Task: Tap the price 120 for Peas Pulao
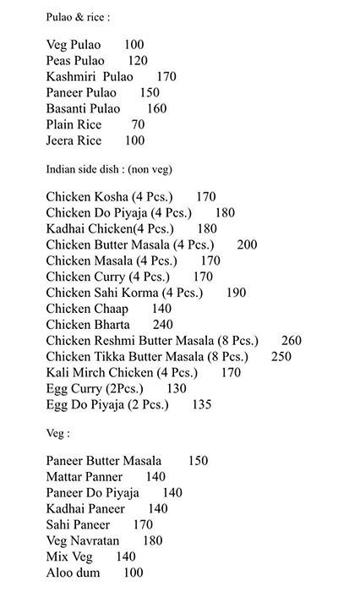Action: (x=138, y=61)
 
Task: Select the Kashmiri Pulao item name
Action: (x=90, y=77)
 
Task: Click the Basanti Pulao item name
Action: (x=83, y=108)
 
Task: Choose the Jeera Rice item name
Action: (x=74, y=140)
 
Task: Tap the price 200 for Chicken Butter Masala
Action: (x=247, y=245)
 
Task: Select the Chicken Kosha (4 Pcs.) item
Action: (x=108, y=197)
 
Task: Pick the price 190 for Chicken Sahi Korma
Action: (x=237, y=293)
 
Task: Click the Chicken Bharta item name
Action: (x=88, y=325)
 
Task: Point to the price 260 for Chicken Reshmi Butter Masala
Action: (x=292, y=341)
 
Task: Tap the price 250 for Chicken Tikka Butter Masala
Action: (x=281, y=357)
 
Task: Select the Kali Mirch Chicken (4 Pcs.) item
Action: (x=122, y=373)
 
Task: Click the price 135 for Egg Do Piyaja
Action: (x=201, y=405)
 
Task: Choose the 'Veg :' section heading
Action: (x=58, y=433)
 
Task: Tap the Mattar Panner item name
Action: (x=85, y=477)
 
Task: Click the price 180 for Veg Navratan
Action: (x=152, y=541)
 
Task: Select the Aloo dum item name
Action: (x=73, y=573)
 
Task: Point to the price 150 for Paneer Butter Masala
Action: (x=198, y=461)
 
